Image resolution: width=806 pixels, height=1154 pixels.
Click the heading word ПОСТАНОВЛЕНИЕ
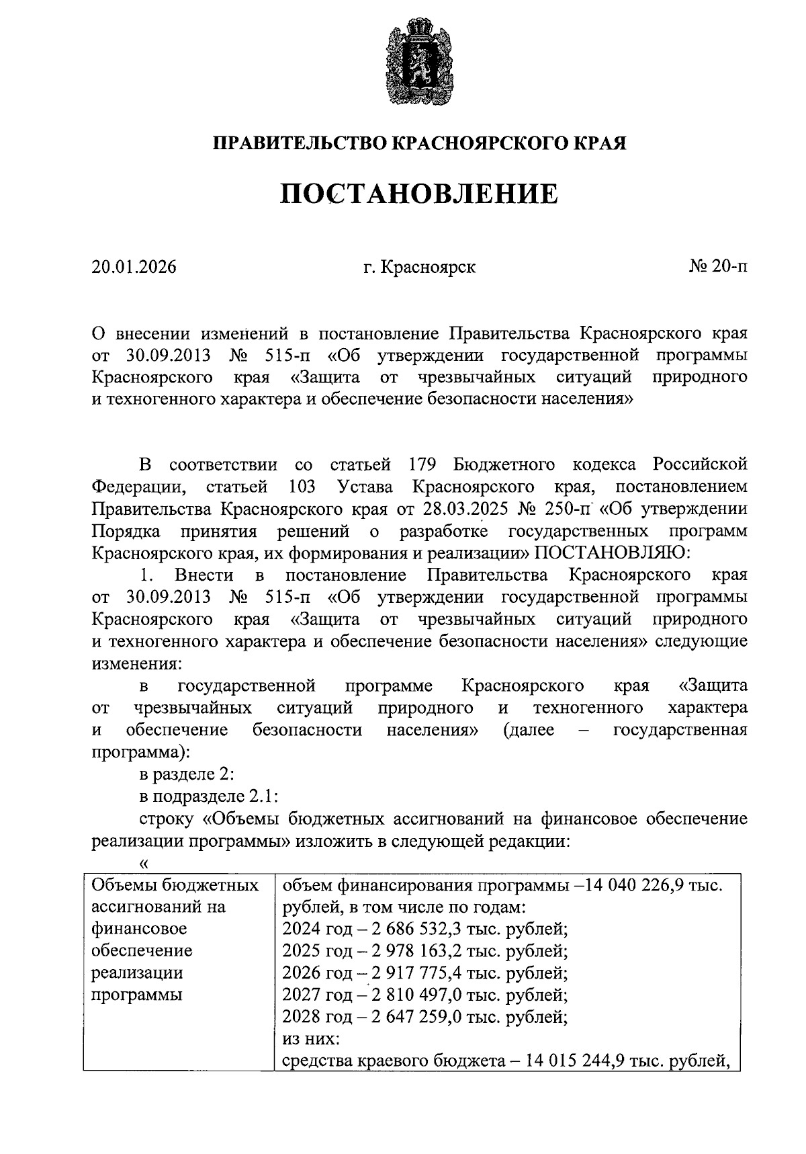[x=419, y=194]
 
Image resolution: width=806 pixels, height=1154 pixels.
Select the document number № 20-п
[x=718, y=267]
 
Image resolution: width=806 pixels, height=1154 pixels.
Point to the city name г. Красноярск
[x=419, y=267]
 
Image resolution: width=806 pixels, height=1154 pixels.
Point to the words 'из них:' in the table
[x=311, y=1038]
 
